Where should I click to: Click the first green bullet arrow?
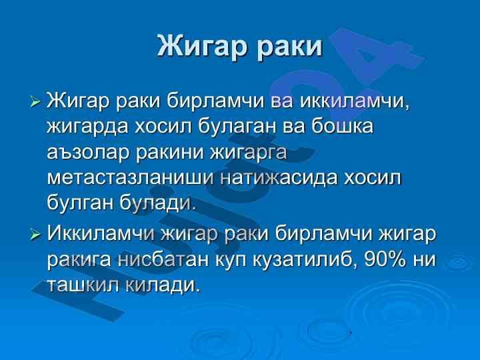(x=36, y=101)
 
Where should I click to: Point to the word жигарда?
(x=87, y=127)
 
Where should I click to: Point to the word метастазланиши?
(x=131, y=179)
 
